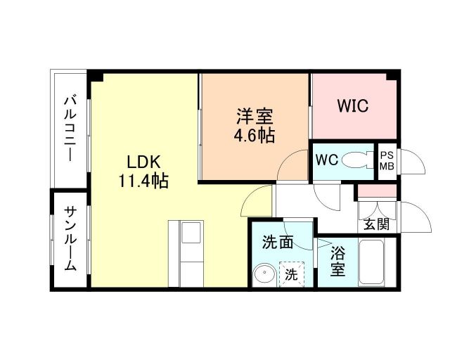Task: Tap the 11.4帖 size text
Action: tap(143, 181)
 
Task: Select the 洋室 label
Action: tap(254, 115)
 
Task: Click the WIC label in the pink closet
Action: tap(352, 106)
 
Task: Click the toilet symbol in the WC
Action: tap(361, 159)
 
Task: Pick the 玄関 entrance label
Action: tap(377, 224)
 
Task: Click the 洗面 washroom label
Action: tap(277, 243)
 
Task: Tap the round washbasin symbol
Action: tap(264, 274)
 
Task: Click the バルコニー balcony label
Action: tap(70, 129)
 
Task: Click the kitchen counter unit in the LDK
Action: tap(186, 252)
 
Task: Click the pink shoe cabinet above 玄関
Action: tap(375, 191)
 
